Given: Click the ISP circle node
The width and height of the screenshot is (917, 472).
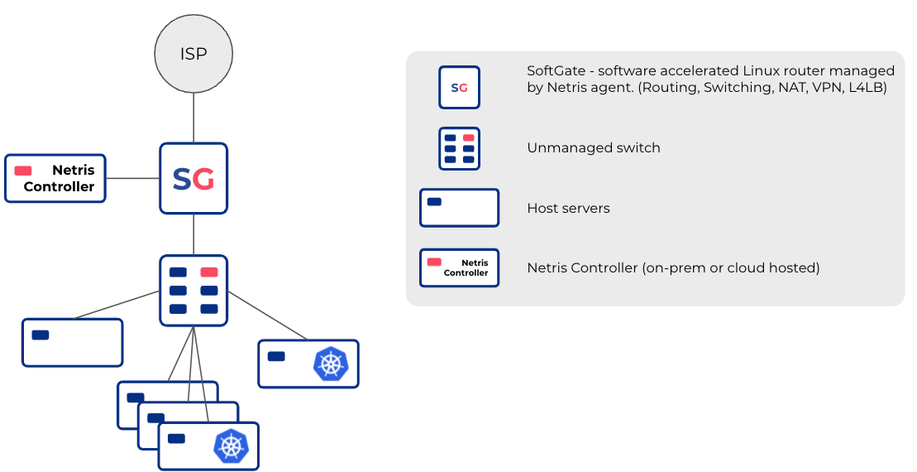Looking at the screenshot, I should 193,54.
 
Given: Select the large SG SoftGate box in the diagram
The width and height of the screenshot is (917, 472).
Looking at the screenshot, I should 193,178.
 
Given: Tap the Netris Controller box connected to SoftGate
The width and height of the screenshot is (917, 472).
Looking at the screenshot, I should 55,178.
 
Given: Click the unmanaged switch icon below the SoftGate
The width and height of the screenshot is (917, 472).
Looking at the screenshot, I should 193,289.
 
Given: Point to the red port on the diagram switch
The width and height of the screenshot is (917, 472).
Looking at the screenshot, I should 209,272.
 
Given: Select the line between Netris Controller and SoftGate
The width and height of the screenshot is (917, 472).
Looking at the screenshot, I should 132,178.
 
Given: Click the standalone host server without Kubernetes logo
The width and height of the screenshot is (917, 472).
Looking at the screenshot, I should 72,342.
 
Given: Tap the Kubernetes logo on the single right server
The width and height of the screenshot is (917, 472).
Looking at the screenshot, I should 331,364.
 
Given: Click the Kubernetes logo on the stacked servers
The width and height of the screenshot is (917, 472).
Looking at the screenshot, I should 231,446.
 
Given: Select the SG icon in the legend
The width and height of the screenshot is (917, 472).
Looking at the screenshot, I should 459,88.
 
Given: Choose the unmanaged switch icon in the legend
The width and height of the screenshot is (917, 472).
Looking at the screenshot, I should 459,148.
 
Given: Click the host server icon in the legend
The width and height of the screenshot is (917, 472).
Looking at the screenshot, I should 459,208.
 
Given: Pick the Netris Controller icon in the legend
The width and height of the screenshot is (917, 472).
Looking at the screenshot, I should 459,267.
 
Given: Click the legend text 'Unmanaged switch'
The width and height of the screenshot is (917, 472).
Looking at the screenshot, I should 594,148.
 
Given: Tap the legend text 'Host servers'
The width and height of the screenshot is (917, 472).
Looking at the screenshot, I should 568,209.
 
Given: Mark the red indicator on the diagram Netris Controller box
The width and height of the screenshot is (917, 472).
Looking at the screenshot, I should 23,171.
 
